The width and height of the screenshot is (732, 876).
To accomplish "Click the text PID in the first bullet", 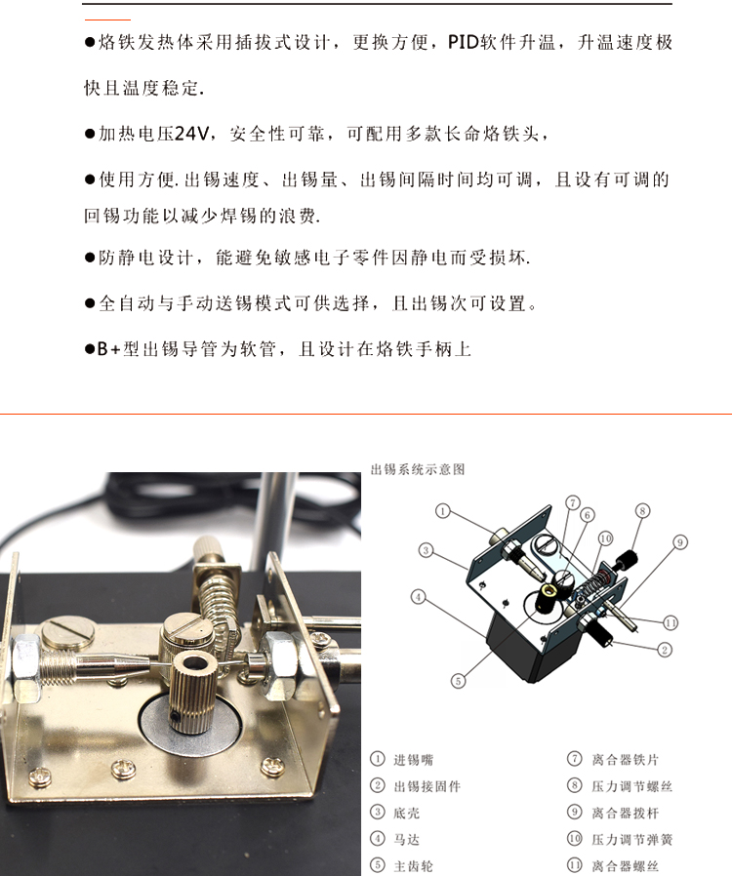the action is click(x=464, y=42).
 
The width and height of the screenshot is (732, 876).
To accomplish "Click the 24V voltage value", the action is click(x=191, y=134).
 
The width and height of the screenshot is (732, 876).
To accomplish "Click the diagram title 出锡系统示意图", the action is click(x=418, y=469).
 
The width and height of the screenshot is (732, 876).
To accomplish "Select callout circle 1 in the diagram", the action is click(x=442, y=510).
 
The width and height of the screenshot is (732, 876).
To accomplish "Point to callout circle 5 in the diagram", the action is click(x=458, y=681).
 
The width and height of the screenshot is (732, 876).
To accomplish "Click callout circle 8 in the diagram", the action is click(x=642, y=510).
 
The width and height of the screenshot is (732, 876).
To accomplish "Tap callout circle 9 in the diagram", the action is click(x=680, y=542).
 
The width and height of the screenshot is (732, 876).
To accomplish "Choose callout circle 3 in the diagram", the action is click(x=426, y=550).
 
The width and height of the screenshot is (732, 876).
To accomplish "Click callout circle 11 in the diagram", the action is click(x=671, y=622).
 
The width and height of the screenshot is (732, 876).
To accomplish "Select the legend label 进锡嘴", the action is click(x=414, y=759).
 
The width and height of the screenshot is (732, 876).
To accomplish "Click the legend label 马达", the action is click(x=407, y=840).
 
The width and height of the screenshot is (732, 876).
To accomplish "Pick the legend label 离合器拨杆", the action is click(x=626, y=813).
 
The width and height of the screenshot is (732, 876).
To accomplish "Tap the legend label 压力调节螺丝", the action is click(x=632, y=786).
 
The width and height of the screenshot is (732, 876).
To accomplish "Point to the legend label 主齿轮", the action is click(x=414, y=866).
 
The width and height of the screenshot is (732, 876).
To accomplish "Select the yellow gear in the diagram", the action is click(x=549, y=591).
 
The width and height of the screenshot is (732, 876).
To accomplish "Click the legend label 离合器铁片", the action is click(x=626, y=759).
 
